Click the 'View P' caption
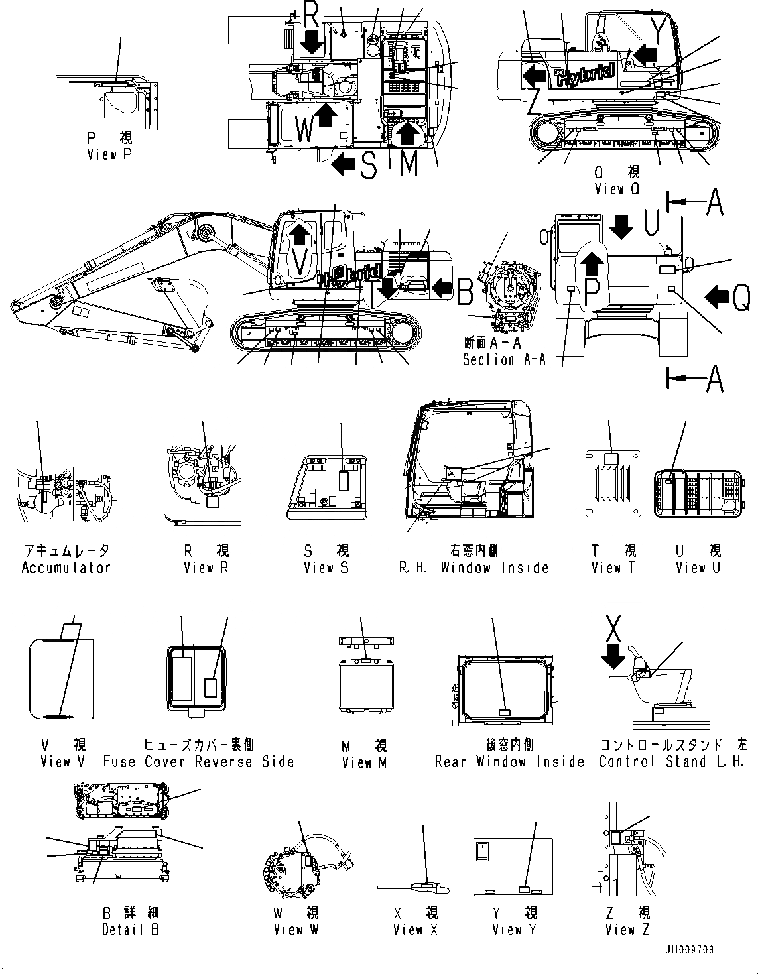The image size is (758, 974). click(110, 154)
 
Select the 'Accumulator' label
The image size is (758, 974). click(66, 568)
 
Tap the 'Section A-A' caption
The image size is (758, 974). click(504, 360)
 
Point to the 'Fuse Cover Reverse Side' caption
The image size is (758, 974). click(198, 762)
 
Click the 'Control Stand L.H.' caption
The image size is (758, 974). click(671, 762)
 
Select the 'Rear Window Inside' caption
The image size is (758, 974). click(509, 762)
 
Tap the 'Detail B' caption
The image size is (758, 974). click(131, 930)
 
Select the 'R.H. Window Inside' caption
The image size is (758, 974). click(474, 568)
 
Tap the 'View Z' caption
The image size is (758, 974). click(627, 930)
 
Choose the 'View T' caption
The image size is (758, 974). click(606, 568)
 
